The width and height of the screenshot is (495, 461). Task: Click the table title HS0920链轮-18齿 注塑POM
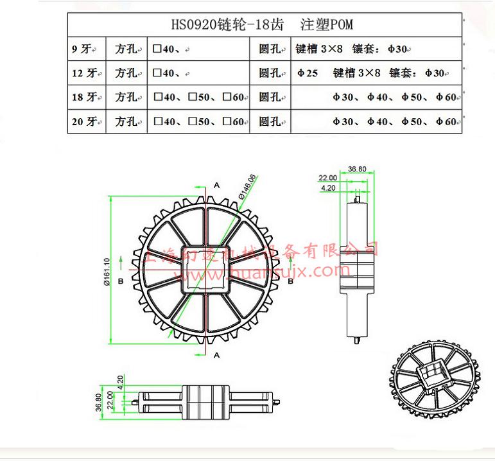point(262,25)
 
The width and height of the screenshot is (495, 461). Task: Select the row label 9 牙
point(83,49)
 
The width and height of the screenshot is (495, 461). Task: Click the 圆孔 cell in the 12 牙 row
point(270,73)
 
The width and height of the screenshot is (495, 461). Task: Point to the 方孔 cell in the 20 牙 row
point(126,121)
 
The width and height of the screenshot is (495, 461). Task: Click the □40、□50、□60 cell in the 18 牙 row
point(199,97)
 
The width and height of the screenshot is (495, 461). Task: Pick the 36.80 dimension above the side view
point(357,170)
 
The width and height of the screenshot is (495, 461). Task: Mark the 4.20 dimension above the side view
point(328,188)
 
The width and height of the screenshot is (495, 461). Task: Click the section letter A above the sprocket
point(216,184)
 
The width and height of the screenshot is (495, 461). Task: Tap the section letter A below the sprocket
point(216,354)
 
